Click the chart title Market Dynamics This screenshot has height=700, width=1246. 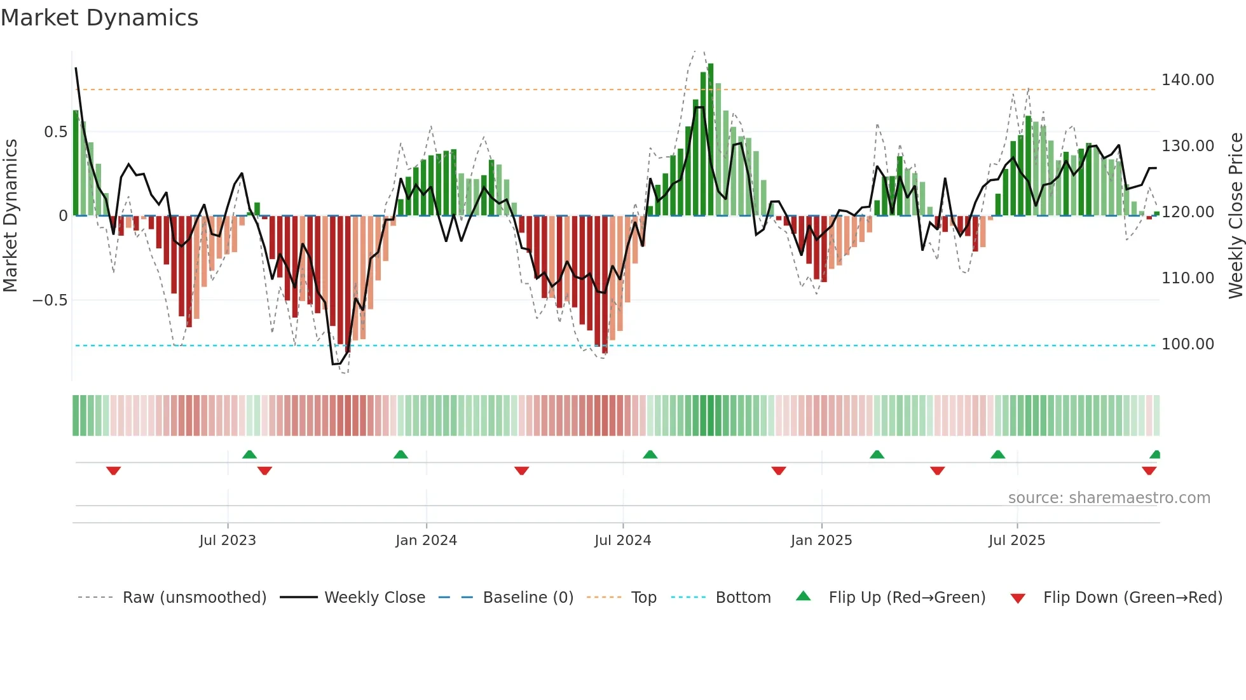[100, 18]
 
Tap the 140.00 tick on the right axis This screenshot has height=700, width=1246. [1188, 80]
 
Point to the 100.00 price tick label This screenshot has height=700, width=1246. [1188, 344]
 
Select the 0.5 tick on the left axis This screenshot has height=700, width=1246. [55, 132]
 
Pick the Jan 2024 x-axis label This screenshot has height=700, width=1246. [426, 541]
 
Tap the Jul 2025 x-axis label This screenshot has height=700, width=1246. [1017, 541]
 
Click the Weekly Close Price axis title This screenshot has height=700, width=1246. [1235, 216]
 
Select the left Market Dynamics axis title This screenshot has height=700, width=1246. [10, 216]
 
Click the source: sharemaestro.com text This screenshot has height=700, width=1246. [1109, 498]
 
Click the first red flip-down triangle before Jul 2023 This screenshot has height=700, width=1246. [114, 471]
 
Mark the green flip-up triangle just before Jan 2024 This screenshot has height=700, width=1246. [400, 454]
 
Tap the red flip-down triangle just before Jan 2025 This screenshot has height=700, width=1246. [779, 471]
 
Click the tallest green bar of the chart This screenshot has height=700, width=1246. [711, 140]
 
